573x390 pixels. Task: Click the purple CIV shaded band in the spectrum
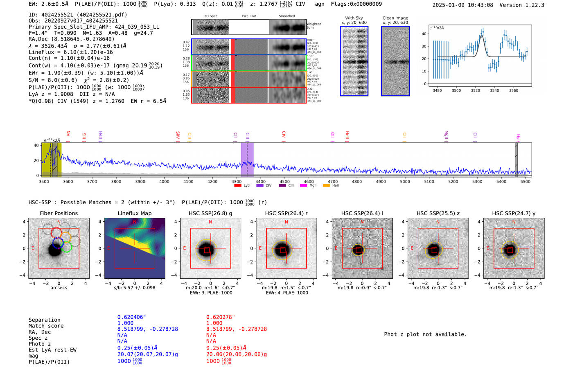[247, 160]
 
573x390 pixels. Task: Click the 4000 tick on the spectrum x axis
[164, 182]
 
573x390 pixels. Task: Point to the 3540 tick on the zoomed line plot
[494, 90]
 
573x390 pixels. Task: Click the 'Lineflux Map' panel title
[134, 213]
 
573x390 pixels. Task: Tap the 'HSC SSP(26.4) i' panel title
[362, 213]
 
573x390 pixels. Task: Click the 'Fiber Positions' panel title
[59, 213]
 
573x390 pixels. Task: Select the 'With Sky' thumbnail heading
[354, 18]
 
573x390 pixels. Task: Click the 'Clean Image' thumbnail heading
[395, 18]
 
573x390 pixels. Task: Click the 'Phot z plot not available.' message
[425, 334]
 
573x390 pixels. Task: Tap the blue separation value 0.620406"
[131, 317]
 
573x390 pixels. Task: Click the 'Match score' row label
[46, 326]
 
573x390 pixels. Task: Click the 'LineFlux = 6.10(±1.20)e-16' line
[71, 52]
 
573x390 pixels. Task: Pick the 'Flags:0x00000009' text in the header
[356, 4]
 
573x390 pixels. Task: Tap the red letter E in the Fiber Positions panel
[33, 248]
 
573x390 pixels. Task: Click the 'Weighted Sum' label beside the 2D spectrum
[314, 26]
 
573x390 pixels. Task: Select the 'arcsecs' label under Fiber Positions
[59, 288]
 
